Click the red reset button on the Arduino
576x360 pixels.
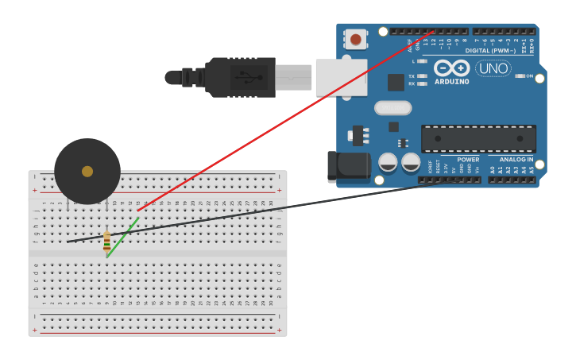pyautogui.click(x=355, y=39)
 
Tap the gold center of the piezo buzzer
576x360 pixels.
pyautogui.click(x=87, y=171)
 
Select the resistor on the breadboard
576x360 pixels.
pyautogui.click(x=106, y=241)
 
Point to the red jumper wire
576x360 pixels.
pyautogui.click(x=286, y=119)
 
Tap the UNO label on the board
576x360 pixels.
pyautogui.click(x=493, y=69)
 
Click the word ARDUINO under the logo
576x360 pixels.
pyautogui.click(x=451, y=81)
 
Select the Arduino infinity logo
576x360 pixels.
pyautogui.click(x=451, y=68)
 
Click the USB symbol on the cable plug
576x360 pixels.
pyautogui.click(x=247, y=78)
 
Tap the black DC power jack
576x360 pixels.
pyautogui.click(x=349, y=165)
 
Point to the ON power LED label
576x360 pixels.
pyautogui.click(x=528, y=76)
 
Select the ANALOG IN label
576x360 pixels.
pyautogui.click(x=516, y=160)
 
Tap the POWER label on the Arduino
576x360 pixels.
pyautogui.click(x=468, y=160)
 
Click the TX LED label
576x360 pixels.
pyautogui.click(x=412, y=76)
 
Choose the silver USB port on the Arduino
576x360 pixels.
pyautogui.click(x=341, y=77)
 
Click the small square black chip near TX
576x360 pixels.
pyautogui.click(x=396, y=82)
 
